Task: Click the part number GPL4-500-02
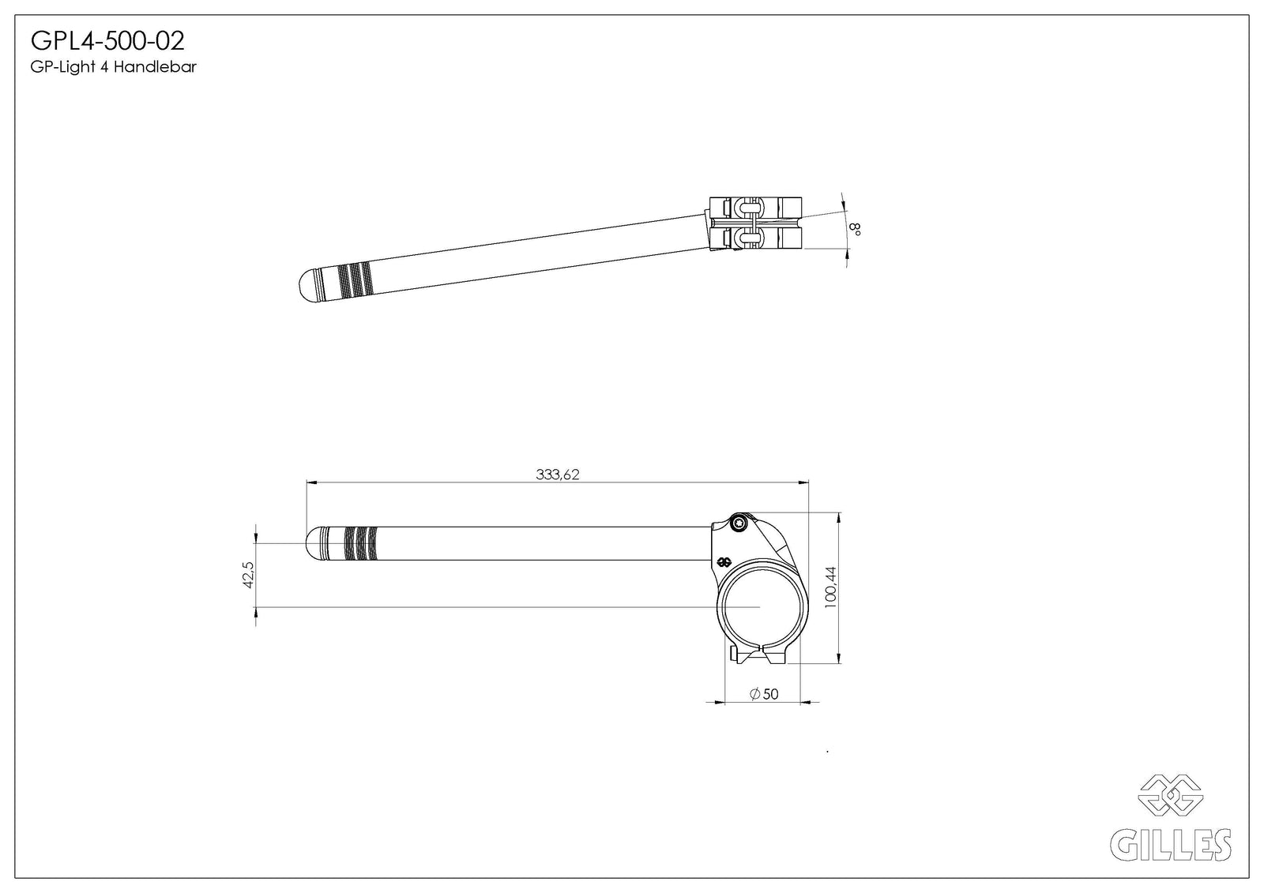[107, 41]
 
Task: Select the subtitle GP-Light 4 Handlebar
[114, 67]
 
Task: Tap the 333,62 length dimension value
[558, 475]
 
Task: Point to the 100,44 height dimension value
[830, 587]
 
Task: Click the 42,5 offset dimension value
[248, 575]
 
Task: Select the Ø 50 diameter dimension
[764, 694]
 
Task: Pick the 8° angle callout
[855, 228]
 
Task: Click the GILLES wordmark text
[1170, 845]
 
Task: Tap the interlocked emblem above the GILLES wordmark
[1170, 795]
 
